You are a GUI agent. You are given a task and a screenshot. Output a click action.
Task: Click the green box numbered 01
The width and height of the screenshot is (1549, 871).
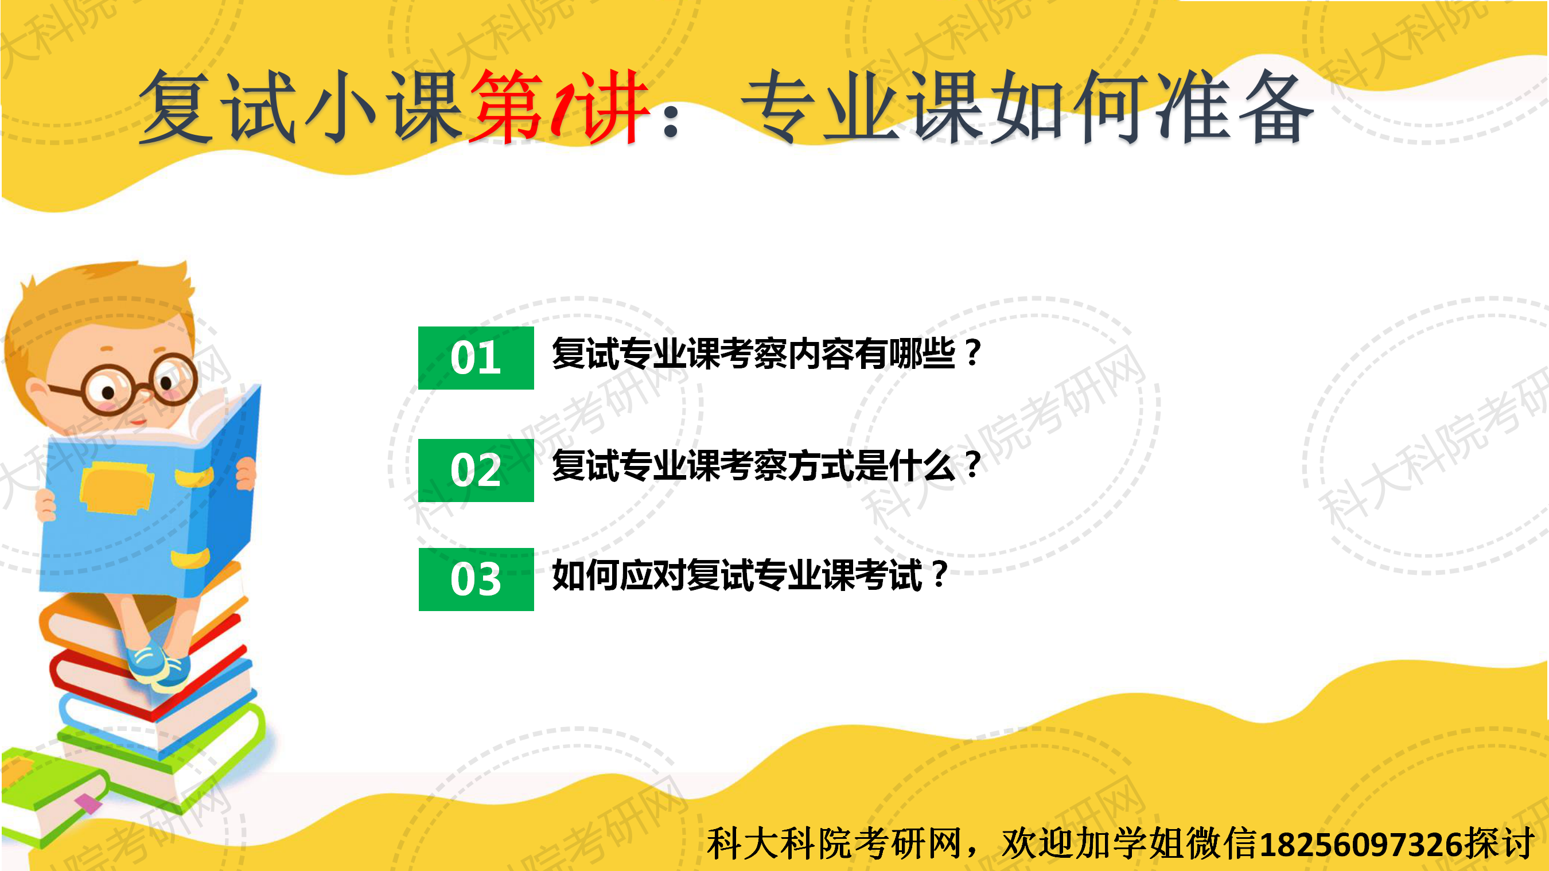(476, 358)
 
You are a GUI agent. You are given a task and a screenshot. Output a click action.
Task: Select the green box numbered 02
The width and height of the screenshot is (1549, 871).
(476, 471)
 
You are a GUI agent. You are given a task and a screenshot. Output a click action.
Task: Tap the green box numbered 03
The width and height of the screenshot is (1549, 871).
(476, 580)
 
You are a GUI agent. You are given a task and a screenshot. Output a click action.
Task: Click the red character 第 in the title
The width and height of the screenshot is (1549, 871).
(507, 107)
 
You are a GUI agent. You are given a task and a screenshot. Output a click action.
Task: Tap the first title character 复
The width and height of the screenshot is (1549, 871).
(176, 107)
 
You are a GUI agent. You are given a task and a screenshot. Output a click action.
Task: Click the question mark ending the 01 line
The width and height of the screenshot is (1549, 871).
(972, 353)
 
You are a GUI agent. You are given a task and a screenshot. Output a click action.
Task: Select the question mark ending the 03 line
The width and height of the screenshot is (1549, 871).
(938, 575)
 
